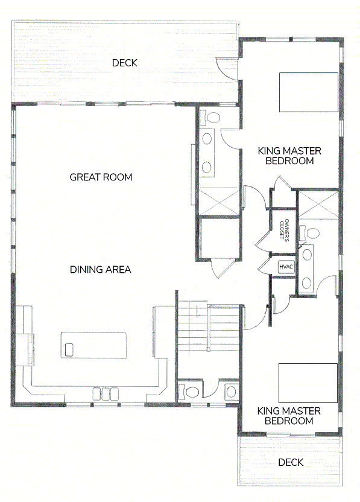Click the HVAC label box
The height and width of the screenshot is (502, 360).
pyautogui.click(x=286, y=267)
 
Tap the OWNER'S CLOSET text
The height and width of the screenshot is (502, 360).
pyautogui.click(x=284, y=229)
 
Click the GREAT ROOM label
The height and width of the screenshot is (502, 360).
pyautogui.click(x=101, y=177)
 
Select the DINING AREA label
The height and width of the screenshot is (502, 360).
pyautogui.click(x=101, y=270)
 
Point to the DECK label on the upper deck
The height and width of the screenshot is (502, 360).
pyautogui.click(x=124, y=63)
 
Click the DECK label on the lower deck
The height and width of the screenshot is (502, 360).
pyautogui.click(x=291, y=462)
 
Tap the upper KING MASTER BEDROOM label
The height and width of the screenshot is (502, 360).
pyautogui.click(x=289, y=156)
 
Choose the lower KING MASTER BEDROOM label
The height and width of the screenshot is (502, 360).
pyautogui.click(x=289, y=416)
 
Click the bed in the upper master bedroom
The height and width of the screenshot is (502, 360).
pyautogui.click(x=309, y=92)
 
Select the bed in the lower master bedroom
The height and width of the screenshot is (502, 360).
pyautogui.click(x=308, y=383)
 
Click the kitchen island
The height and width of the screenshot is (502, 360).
pyautogui.click(x=93, y=345)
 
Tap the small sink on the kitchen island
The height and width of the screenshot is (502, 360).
pyautogui.click(x=69, y=349)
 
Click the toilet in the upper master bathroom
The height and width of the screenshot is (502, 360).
pyautogui.click(x=210, y=118)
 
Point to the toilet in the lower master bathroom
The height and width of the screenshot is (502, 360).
pyautogui.click(x=309, y=233)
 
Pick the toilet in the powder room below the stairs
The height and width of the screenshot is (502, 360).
pyautogui.click(x=189, y=391)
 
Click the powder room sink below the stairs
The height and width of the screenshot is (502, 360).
pyautogui.click(x=231, y=391)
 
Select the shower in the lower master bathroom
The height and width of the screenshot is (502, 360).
pyautogui.click(x=318, y=205)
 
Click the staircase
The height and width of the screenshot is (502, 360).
pyautogui.click(x=209, y=328)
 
